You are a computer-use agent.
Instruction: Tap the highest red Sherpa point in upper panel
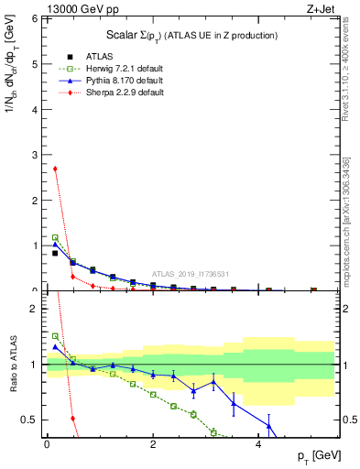[55, 169]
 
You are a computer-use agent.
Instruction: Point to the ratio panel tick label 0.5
[29, 420]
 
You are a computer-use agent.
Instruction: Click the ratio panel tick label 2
[33, 309]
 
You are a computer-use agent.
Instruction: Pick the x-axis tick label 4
[259, 443]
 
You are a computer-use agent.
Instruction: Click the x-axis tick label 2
[153, 443]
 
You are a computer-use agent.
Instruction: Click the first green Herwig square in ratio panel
[55, 336]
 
